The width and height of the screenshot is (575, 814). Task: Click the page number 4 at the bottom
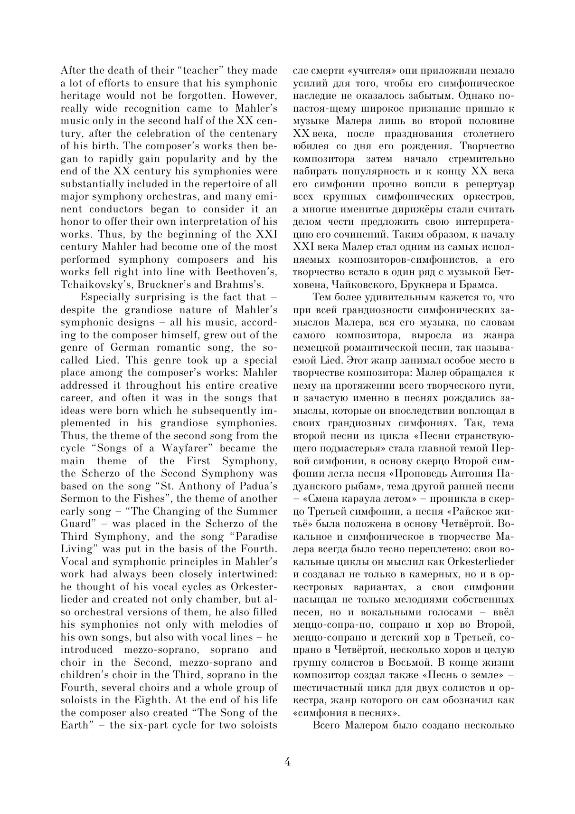[287, 762]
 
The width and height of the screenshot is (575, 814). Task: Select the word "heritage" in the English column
[81, 96]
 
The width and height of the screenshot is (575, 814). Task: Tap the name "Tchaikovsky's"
[91, 285]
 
